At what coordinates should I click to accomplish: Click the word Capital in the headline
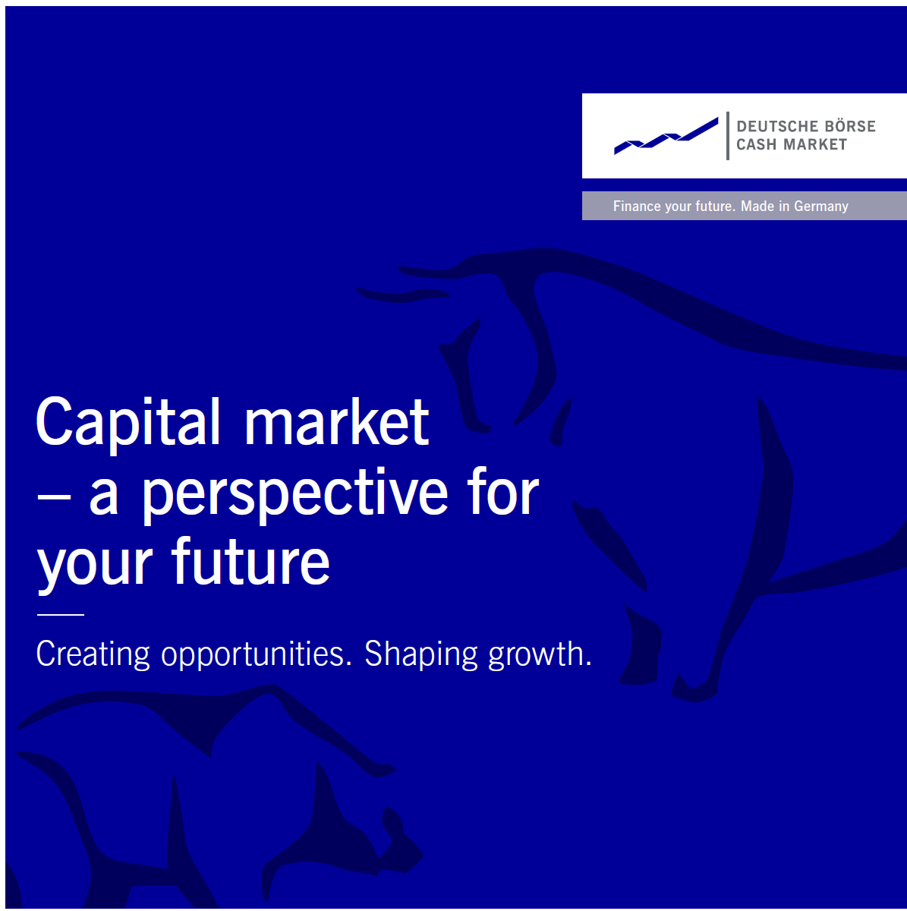tap(128, 421)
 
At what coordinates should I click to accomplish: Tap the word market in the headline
tap(336, 421)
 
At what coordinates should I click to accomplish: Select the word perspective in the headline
tap(295, 495)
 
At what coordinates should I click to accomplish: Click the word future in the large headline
tap(250, 562)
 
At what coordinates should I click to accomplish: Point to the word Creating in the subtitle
tap(93, 654)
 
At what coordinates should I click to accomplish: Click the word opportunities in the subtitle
tap(257, 654)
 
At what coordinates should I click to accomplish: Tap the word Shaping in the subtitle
tap(421, 654)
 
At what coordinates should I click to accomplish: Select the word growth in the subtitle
tap(540, 654)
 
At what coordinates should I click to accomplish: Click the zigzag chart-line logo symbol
tap(666, 136)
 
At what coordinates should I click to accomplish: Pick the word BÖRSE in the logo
tap(850, 126)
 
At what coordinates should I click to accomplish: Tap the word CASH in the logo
tap(756, 144)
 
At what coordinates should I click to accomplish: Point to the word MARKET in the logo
tap(815, 144)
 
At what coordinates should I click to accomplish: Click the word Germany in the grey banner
tap(821, 206)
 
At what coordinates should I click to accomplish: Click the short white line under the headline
tap(61, 615)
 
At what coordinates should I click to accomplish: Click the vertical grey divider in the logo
tap(728, 136)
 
